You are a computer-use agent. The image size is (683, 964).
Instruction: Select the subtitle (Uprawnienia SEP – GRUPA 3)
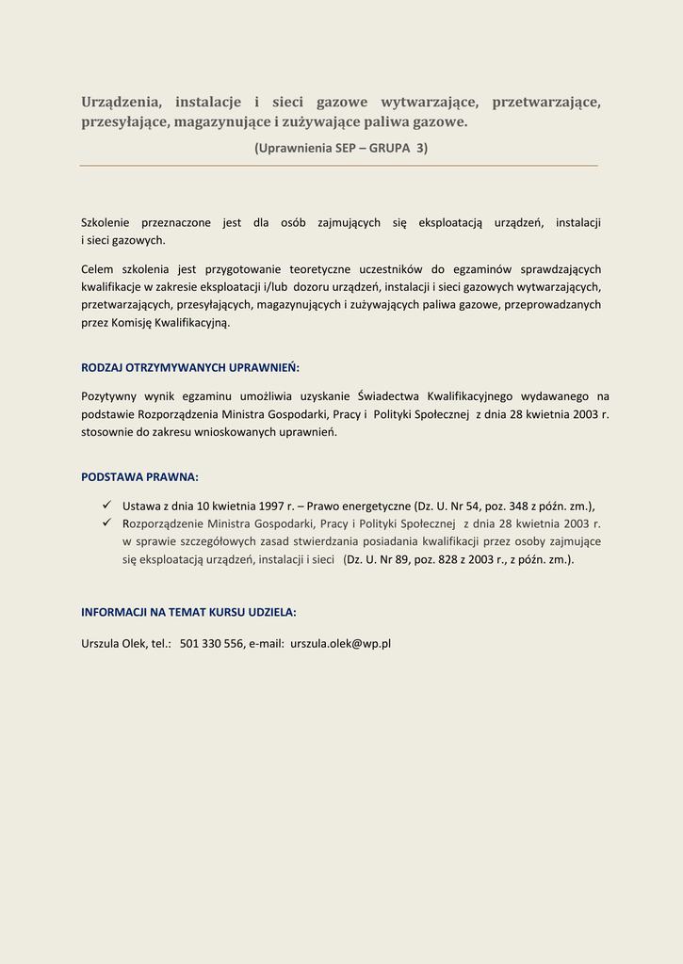click(341, 148)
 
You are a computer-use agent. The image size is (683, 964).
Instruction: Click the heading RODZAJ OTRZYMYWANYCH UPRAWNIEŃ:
click(190, 367)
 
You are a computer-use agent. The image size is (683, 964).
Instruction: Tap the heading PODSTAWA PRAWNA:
click(139, 477)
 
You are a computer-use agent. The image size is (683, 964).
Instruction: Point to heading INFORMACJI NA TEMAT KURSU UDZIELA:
click(188, 612)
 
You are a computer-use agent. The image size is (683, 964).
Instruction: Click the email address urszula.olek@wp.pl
click(340, 644)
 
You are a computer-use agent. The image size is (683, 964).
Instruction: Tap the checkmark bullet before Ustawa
click(106, 506)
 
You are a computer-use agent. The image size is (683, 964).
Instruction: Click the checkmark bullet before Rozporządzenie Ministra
click(106, 523)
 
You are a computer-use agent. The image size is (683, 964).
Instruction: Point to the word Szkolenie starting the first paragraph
click(106, 223)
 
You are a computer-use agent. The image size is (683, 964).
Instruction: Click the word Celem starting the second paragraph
click(97, 270)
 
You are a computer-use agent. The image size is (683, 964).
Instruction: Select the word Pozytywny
click(108, 396)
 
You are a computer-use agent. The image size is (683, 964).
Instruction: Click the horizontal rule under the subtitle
click(339, 166)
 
